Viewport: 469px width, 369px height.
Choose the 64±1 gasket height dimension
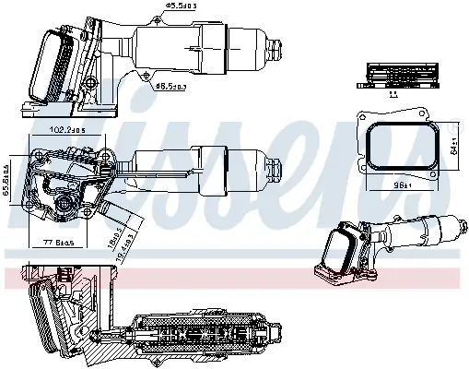454,145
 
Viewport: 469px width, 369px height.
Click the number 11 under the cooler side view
393,94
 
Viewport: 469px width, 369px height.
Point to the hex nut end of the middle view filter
273,169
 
